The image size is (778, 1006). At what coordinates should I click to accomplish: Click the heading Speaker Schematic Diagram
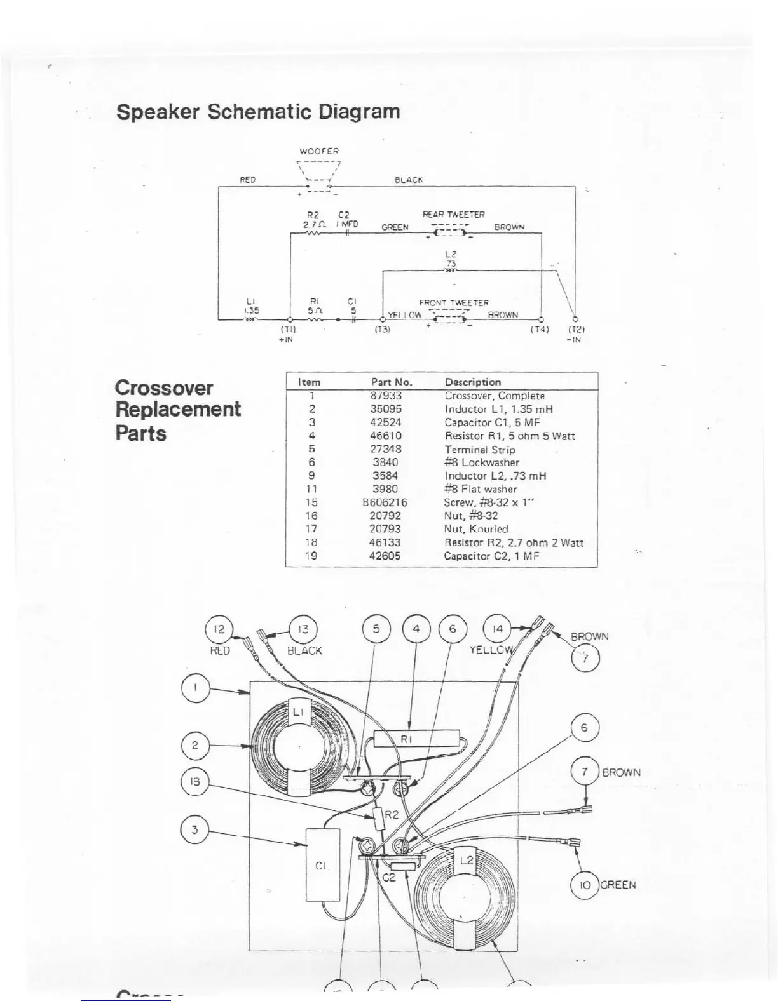[x=258, y=112]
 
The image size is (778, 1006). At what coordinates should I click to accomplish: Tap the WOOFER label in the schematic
[x=319, y=151]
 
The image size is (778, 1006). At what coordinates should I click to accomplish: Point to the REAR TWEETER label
[x=453, y=215]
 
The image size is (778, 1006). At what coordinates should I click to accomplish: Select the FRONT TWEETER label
[x=453, y=303]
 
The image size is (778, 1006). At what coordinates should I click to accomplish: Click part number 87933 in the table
[x=386, y=396]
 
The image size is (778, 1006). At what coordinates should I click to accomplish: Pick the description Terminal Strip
[x=479, y=450]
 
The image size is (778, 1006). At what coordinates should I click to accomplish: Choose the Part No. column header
[x=392, y=382]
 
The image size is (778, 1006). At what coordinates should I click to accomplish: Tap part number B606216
[x=385, y=502]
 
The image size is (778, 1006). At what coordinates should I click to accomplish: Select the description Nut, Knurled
[x=475, y=529]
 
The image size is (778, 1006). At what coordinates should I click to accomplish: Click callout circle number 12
[x=219, y=629]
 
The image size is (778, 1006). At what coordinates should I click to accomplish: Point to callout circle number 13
[x=303, y=629]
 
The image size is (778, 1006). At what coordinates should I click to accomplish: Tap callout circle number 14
[x=498, y=629]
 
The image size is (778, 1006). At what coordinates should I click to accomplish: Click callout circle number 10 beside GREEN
[x=585, y=885]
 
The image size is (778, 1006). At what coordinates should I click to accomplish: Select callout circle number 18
[x=194, y=782]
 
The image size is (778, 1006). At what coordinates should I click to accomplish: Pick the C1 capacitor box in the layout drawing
[x=322, y=864]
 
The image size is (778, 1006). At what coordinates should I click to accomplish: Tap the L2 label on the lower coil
[x=467, y=860]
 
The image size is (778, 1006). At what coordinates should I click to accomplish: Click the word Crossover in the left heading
[x=164, y=388]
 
